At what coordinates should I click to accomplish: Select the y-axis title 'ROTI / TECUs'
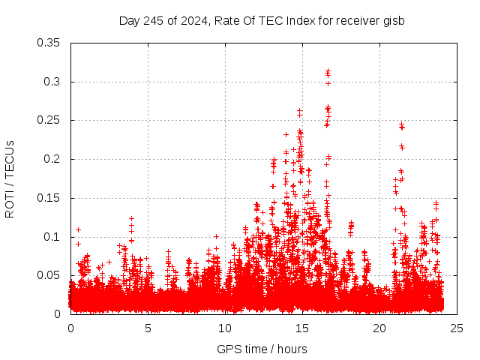pyautogui.click(x=10, y=178)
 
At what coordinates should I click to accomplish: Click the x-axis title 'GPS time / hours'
pyautogui.click(x=262, y=349)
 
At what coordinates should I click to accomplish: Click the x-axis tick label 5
pyautogui.click(x=148, y=328)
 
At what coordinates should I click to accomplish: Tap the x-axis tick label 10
pyautogui.click(x=225, y=328)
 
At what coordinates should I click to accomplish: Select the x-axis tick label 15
pyautogui.click(x=302, y=328)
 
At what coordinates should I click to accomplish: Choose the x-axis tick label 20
pyautogui.click(x=379, y=328)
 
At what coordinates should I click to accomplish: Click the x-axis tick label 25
pyautogui.click(x=457, y=328)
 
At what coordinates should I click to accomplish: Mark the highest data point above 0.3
pyautogui.click(x=328, y=71)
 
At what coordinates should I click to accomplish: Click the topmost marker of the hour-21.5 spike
pyautogui.click(x=401, y=124)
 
